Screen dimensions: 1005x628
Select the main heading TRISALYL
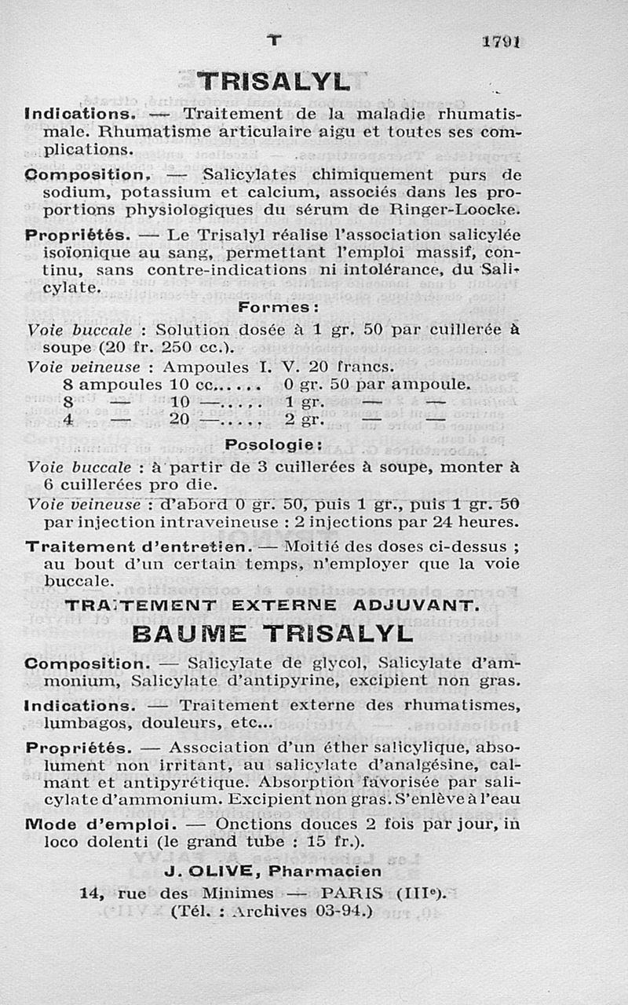tap(273, 82)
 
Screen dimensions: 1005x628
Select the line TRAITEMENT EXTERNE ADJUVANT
tap(272, 605)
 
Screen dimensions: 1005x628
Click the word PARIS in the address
tap(352, 893)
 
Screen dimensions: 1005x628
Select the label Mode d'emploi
tap(100, 824)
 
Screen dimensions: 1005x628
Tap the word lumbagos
tap(86, 722)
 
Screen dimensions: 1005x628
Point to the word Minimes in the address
tap(237, 893)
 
